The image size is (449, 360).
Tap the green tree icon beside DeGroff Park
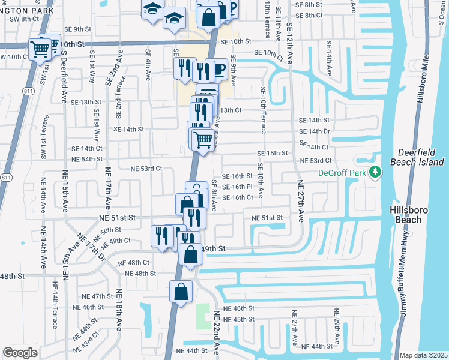376,173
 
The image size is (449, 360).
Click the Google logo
20,353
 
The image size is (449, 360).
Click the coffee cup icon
219,71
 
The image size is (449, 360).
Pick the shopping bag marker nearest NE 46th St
181,292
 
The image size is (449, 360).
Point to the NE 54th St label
87,159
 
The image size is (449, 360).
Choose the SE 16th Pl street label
237,187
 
